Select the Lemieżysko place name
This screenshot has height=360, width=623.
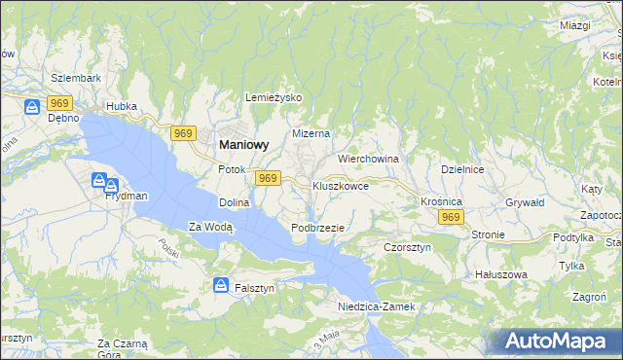coord(275,98)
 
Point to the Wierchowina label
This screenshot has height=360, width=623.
coord(369,158)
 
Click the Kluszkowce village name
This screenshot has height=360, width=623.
coord(340,185)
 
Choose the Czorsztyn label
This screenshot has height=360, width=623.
coord(407,247)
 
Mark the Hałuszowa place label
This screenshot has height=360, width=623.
coord(499,274)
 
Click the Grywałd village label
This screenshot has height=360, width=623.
coord(524,202)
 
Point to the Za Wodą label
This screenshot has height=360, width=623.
coord(211,228)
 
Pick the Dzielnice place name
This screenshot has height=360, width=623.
coord(462,168)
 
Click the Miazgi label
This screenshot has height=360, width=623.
coord(575,24)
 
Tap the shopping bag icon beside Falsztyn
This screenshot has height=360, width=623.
coord(221,286)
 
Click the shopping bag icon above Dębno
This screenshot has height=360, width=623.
coord(32,105)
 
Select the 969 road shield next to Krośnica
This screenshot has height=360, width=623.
coord(450,218)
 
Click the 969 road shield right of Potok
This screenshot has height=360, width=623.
coord(269,178)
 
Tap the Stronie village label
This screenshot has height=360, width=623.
coord(488,234)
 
